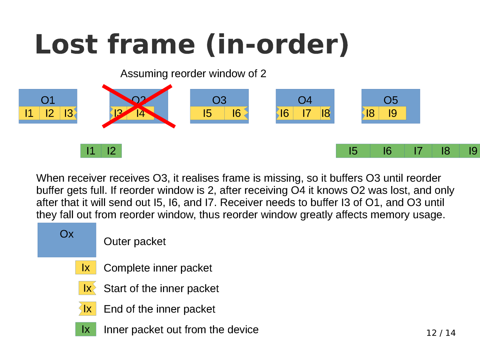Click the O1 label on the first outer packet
pyautogui.click(x=48, y=100)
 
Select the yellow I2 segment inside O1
pyautogui.click(x=49, y=113)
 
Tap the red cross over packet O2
pyautogui.click(x=139, y=106)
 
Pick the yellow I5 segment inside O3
pyautogui.click(x=207, y=113)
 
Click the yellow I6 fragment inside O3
pyautogui.click(x=236, y=113)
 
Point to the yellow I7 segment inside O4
pyautogui.click(x=306, y=113)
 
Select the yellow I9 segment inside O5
pyautogui.click(x=392, y=113)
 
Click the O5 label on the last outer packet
pyautogui.click(x=391, y=100)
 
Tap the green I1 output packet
pyautogui.click(x=91, y=151)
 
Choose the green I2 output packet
pyautogui.click(x=111, y=151)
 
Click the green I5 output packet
pyautogui.click(x=353, y=151)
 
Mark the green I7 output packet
pyautogui.click(x=418, y=151)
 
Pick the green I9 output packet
pyautogui.click(x=472, y=151)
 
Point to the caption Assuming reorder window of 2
pyautogui.click(x=193, y=74)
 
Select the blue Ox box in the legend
pyautogui.click(x=67, y=240)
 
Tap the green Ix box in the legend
pyautogui.click(x=86, y=329)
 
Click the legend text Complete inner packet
pyautogui.click(x=158, y=268)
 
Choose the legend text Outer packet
pyautogui.click(x=135, y=242)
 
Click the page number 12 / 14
pyautogui.click(x=441, y=333)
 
